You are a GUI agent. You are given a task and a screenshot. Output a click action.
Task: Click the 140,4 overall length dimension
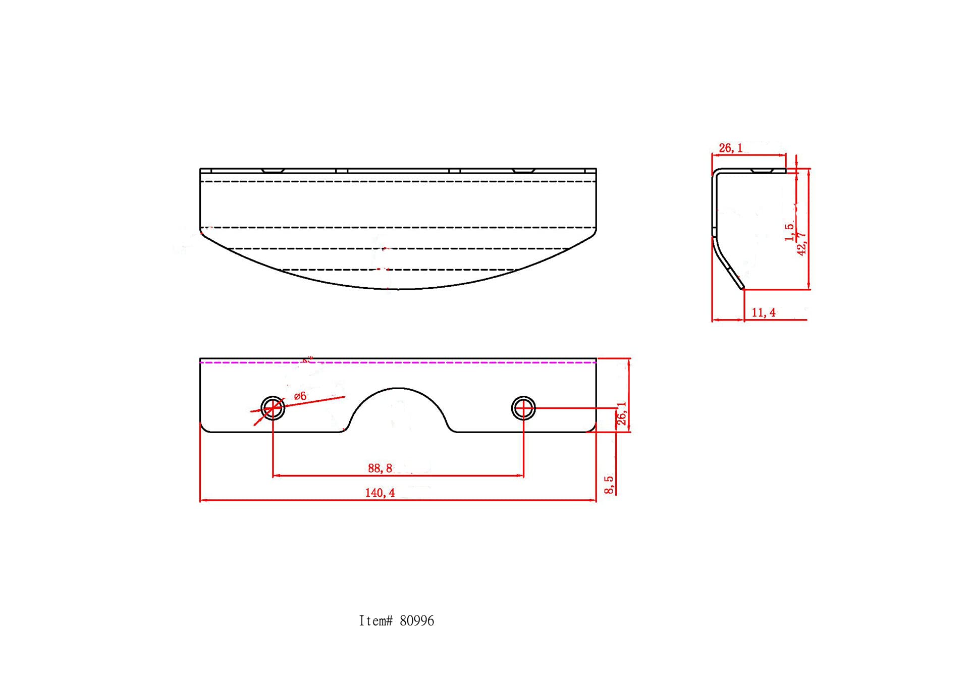coord(380,493)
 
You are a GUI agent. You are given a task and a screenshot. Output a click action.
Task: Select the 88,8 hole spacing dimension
coord(380,468)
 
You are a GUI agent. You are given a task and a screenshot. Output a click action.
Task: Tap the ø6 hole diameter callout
coord(300,396)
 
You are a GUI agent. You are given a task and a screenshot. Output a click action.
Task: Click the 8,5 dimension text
coord(609,485)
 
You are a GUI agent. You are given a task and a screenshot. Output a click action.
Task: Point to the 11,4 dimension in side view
coord(764,313)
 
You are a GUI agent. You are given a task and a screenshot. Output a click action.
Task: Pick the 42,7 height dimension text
coord(802,244)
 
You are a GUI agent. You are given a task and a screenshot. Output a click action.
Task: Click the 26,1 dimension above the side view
coord(731,148)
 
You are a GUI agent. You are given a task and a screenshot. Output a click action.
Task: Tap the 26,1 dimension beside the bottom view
coord(622,414)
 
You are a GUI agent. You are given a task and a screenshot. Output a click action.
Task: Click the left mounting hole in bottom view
coord(273,408)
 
